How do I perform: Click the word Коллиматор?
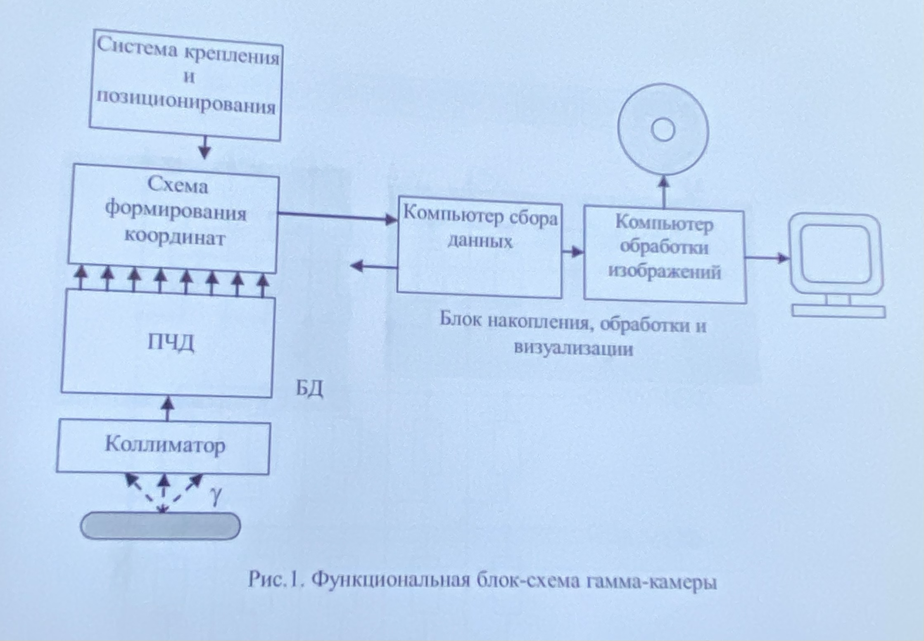click(165, 445)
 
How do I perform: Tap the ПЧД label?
click(171, 343)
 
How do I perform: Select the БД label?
click(309, 388)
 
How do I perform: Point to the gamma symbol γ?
click(216, 495)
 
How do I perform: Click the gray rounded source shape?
click(160, 526)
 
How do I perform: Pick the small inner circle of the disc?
click(663, 130)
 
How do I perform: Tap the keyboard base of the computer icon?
click(838, 311)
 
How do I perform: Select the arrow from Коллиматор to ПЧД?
click(167, 409)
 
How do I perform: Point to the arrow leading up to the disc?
click(663, 192)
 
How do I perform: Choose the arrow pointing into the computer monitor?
click(767, 258)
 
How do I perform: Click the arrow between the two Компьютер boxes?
click(573, 251)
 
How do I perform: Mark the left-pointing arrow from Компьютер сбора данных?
click(374, 266)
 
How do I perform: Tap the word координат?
click(175, 237)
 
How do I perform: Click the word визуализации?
click(573, 348)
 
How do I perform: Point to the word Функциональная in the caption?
click(390, 580)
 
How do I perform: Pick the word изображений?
click(665, 272)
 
